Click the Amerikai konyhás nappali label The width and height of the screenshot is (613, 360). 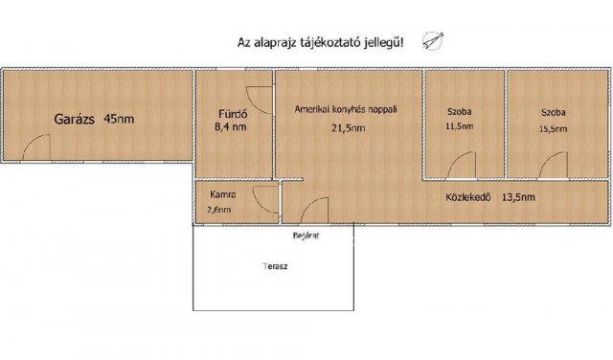pyautogui.click(x=346, y=110)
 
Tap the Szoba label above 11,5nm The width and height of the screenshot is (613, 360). pyautogui.click(x=459, y=112)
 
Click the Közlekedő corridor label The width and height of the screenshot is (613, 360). pyautogui.click(x=468, y=198)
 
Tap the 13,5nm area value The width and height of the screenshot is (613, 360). pyautogui.click(x=518, y=198)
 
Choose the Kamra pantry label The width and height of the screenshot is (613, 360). pyautogui.click(x=222, y=193)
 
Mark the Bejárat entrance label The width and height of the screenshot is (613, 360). pyautogui.click(x=306, y=235)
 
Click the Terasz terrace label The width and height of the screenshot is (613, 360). pyautogui.click(x=276, y=267)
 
